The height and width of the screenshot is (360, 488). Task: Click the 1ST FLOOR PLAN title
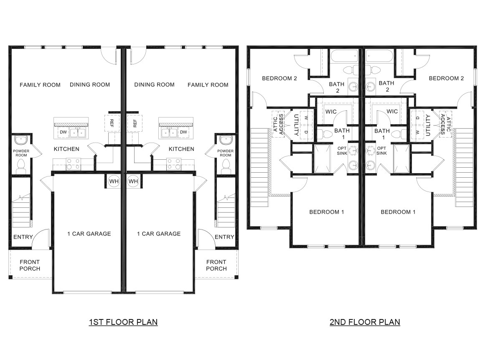[x=123, y=322]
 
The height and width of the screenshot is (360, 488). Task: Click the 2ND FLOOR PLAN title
[x=365, y=322]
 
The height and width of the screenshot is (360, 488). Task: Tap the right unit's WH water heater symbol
[x=133, y=181]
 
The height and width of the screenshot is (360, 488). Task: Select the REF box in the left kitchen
[x=112, y=123]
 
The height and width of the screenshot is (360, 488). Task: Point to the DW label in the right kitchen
[x=183, y=133]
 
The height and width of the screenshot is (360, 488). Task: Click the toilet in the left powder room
[x=20, y=167]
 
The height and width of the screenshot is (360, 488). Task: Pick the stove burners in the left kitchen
[x=74, y=163]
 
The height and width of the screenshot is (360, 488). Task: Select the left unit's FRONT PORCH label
[x=30, y=265]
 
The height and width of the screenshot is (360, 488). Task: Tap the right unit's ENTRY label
[x=224, y=237]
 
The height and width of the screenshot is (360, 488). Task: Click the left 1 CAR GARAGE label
[x=89, y=234]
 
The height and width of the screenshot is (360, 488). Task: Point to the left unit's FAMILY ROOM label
[x=40, y=85]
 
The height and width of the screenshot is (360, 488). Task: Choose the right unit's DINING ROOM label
[x=154, y=85]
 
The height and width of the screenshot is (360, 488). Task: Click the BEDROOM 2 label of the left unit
[x=279, y=78]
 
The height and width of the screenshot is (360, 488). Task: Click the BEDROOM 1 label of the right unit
[x=398, y=212]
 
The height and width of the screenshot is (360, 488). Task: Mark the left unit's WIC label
[x=331, y=112]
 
